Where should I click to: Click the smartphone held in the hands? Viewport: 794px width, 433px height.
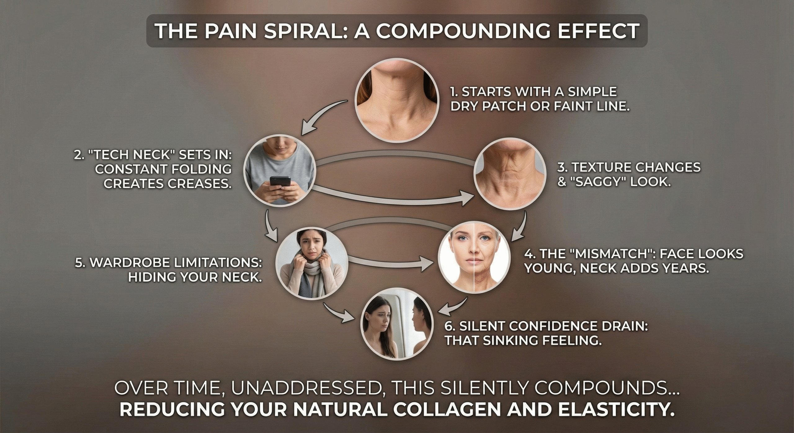pos(280,181)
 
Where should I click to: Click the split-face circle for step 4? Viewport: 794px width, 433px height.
pos(474,258)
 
